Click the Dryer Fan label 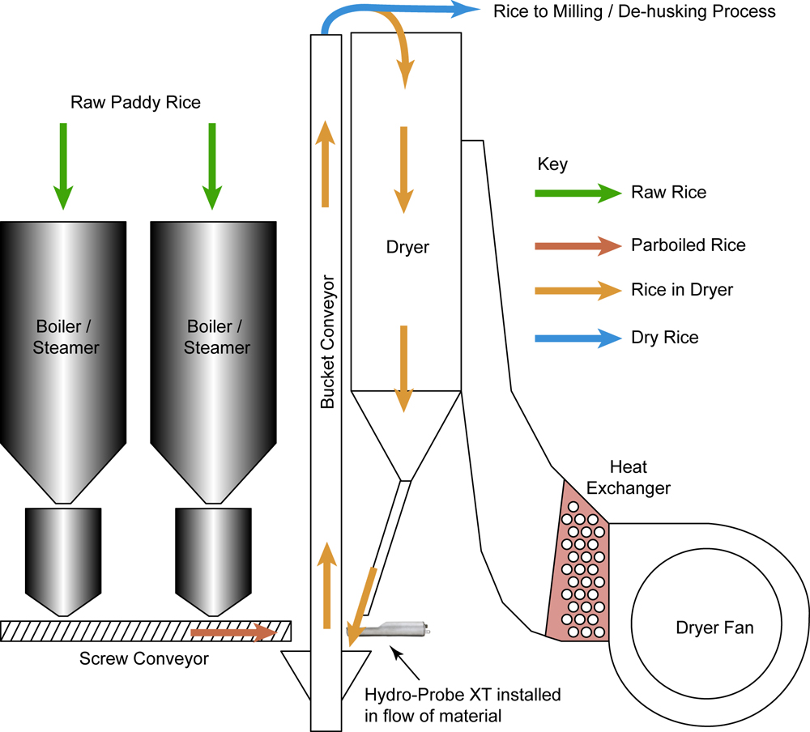click(713, 628)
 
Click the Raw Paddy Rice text click(135, 103)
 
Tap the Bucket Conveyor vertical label click(328, 343)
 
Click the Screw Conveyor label click(144, 658)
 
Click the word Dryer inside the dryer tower click(407, 247)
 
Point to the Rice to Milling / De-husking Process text click(634, 11)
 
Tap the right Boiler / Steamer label click(216, 337)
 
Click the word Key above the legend click(552, 164)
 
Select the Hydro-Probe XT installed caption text click(463, 704)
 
